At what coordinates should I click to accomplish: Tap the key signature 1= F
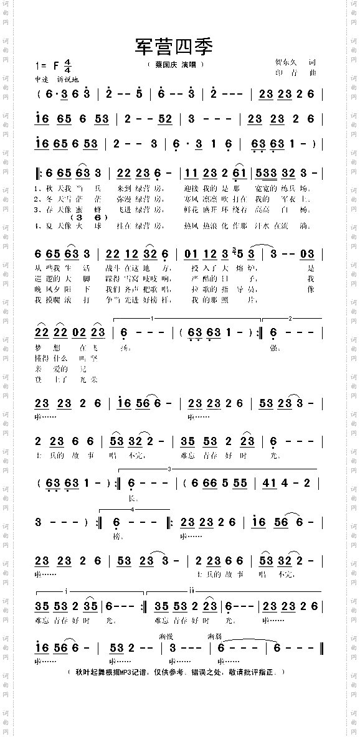(47, 65)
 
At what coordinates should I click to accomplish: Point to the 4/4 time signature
(67, 65)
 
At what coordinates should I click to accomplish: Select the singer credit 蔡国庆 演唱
(176, 64)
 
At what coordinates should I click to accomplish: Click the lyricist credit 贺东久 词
(296, 62)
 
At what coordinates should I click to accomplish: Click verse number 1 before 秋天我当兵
(38, 188)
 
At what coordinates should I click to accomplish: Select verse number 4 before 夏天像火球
(38, 225)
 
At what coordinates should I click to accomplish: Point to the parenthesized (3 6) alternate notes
(89, 218)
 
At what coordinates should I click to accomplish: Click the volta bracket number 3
(169, 468)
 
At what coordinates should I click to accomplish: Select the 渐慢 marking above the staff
(166, 636)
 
